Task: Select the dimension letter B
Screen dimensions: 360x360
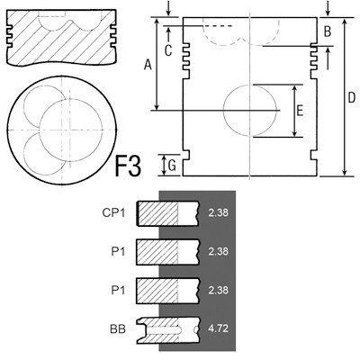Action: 328,32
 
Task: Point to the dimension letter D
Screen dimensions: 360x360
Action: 351,96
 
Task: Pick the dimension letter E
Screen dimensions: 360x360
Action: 300,111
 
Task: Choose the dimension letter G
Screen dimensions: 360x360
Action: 171,165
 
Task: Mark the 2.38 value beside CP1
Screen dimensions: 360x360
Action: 218,213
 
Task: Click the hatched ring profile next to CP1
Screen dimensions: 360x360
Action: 166,213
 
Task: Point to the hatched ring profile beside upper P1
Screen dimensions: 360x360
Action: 166,253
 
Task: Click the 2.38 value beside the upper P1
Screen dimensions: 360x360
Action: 218,253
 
